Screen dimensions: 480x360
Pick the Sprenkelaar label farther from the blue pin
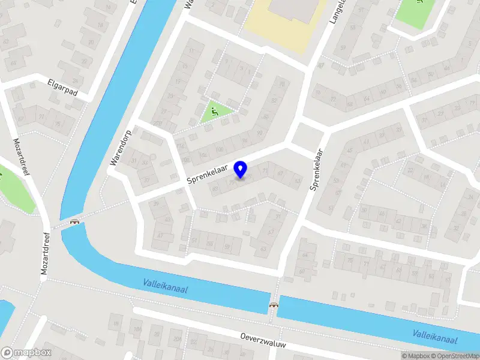(x=317, y=170)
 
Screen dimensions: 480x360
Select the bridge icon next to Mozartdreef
(x=76, y=222)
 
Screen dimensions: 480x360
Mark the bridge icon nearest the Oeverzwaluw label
(x=274, y=305)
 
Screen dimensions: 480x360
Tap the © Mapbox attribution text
(x=415, y=356)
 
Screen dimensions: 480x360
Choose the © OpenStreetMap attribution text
(x=455, y=356)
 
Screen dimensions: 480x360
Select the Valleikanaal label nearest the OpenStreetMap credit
(x=434, y=337)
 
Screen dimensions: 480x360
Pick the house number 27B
(x=158, y=124)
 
